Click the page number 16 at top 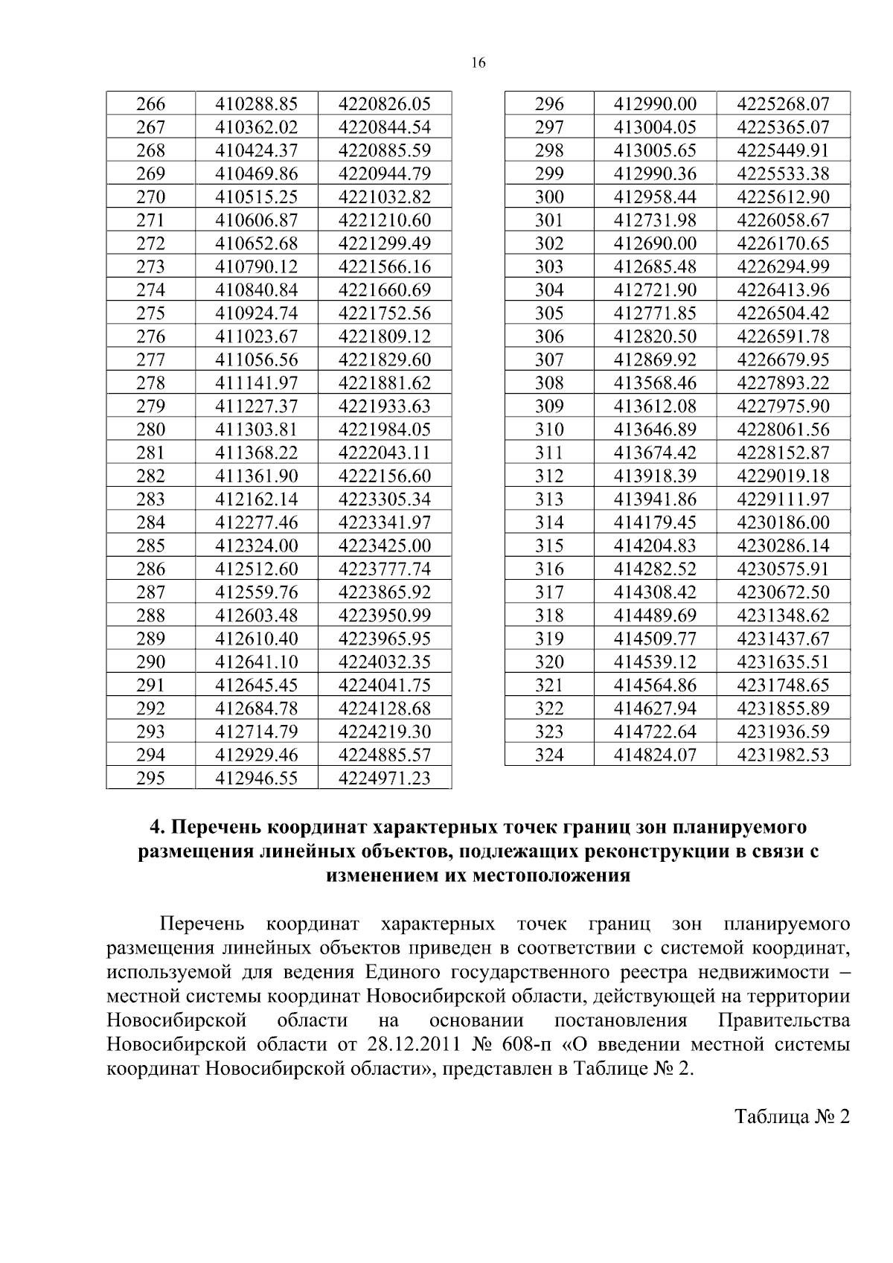[478, 63]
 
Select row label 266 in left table [150, 103]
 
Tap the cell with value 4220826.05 [384, 103]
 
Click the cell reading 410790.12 [256, 266]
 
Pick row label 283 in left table [150, 499]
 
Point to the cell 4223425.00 [384, 546]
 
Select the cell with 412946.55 [256, 778]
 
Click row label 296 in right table [549, 103]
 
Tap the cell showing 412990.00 [655, 103]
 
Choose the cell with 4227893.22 [783, 383]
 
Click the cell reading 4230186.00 [783, 522]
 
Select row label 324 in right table [549, 755]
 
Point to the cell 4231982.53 [783, 755]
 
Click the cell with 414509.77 [655, 639]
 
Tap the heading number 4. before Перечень [156, 828]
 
